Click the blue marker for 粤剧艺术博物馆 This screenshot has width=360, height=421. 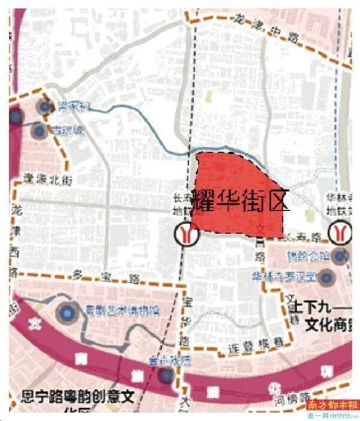tap(67, 311)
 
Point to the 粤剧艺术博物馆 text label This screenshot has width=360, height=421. tap(121, 310)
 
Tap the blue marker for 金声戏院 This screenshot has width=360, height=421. tap(164, 375)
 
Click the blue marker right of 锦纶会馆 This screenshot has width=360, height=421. tap(340, 257)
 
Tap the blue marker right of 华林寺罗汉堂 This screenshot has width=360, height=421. tap(327, 277)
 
